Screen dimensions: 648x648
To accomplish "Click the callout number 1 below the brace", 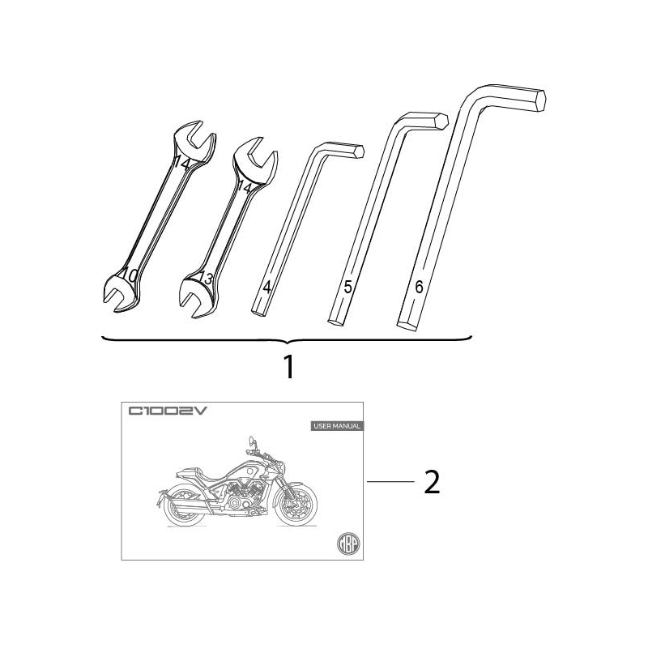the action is (x=289, y=367).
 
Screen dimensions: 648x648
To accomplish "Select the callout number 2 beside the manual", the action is (x=432, y=482).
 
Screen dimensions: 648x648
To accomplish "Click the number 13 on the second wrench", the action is (x=206, y=278).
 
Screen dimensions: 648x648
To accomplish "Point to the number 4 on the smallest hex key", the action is (x=267, y=287).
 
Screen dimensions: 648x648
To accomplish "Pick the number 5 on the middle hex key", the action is (x=347, y=287).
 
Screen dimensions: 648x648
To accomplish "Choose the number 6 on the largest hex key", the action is (x=419, y=287).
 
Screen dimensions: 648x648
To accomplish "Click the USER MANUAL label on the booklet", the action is (x=337, y=426).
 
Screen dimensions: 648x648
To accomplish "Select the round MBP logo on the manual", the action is (x=347, y=543).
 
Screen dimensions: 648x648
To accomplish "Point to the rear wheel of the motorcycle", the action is (x=185, y=507).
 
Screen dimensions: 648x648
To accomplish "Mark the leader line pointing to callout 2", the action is (x=390, y=482).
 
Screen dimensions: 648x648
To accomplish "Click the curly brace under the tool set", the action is (x=288, y=340).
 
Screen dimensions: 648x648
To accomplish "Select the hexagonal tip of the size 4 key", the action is (x=360, y=151).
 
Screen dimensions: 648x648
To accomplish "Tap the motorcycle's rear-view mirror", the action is (x=252, y=439).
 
